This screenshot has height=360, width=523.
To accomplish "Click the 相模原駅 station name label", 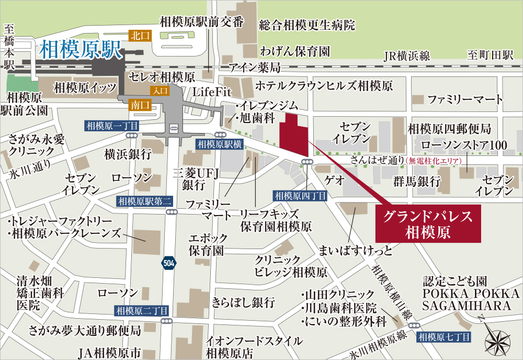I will pyautogui.click(x=81, y=50).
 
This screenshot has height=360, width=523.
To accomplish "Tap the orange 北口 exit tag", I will pyautogui.click(x=138, y=36).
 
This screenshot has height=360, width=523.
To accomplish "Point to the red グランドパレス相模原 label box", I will pyautogui.click(x=428, y=223).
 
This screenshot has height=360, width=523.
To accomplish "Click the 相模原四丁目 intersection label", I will pyautogui.click(x=300, y=196).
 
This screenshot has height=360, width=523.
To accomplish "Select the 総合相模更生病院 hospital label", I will pyautogui.click(x=307, y=25).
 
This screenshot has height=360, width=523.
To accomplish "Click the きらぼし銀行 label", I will pyautogui.click(x=243, y=302).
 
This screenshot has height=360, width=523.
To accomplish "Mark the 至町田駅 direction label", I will pyautogui.click(x=491, y=57).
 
